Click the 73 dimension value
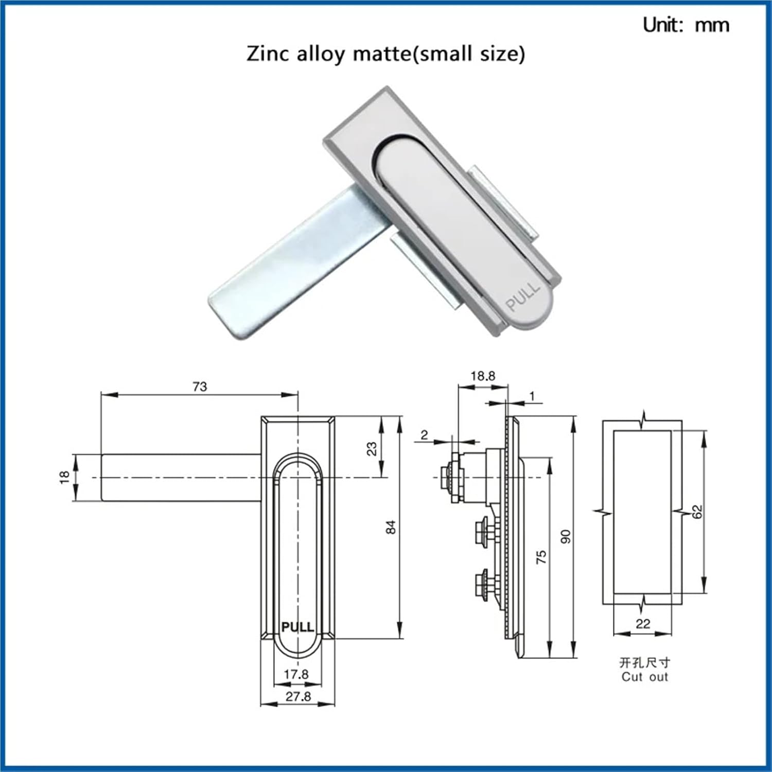(x=200, y=387)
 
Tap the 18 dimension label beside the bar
(x=64, y=477)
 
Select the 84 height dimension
(x=391, y=527)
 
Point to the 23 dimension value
(x=372, y=449)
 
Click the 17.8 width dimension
(x=296, y=674)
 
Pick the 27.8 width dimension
(x=299, y=696)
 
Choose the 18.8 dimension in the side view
(x=483, y=376)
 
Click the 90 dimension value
(x=566, y=536)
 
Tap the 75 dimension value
(x=541, y=557)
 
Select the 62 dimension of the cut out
(x=697, y=512)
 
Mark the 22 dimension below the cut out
(x=643, y=624)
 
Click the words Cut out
(x=644, y=677)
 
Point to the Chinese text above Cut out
(x=644, y=662)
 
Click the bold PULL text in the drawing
(x=297, y=627)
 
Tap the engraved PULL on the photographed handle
(x=523, y=297)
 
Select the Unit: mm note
(x=686, y=25)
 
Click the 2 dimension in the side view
(x=424, y=435)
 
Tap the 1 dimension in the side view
(x=532, y=396)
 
